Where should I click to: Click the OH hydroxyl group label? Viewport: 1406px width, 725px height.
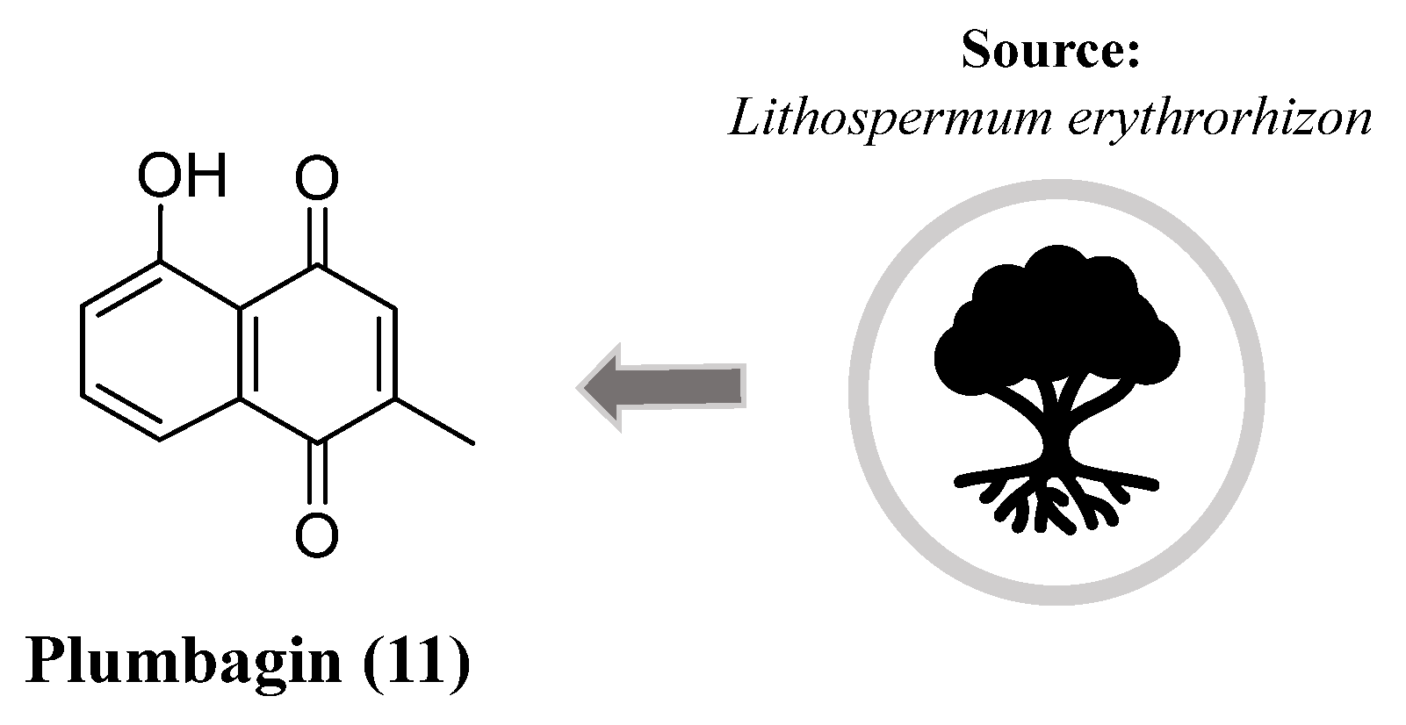point(182,177)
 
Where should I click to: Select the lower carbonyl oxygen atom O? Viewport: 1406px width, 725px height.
point(316,535)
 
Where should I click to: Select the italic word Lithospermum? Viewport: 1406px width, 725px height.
point(887,118)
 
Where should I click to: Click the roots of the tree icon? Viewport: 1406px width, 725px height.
point(1054,500)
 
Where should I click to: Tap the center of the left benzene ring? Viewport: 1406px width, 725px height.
point(160,351)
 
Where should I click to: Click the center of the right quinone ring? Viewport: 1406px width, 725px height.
point(317,351)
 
